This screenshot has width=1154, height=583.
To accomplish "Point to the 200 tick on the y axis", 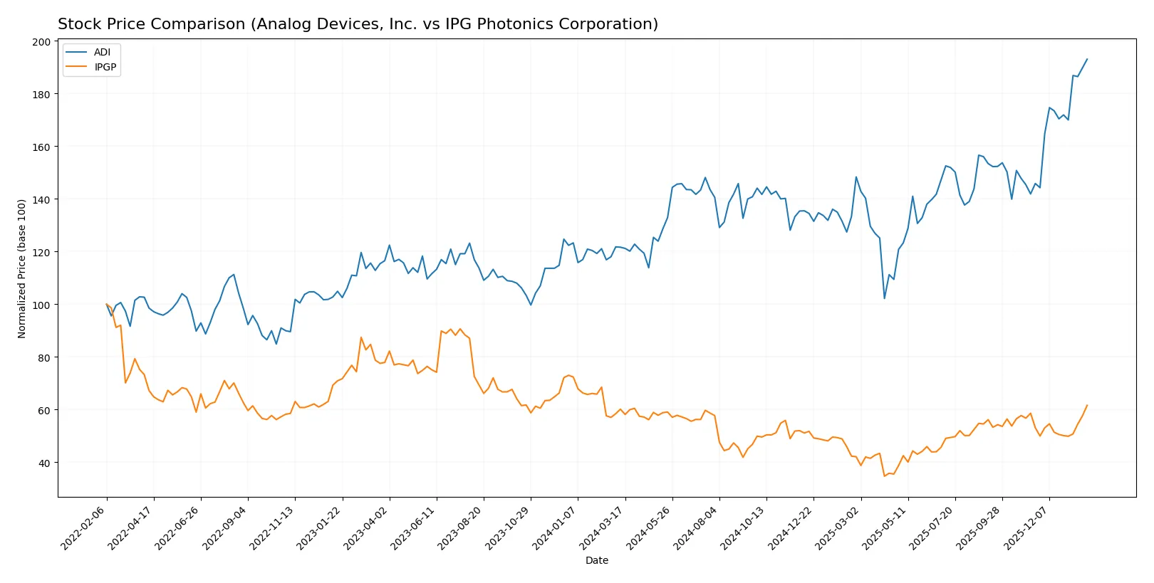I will (x=41, y=42).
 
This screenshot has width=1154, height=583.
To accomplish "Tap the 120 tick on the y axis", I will (x=41, y=253).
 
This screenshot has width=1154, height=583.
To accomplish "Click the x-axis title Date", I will (x=596, y=561).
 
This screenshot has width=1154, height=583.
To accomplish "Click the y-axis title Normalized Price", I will (x=22, y=268).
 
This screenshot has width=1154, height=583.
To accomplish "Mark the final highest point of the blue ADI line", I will (x=1087, y=59).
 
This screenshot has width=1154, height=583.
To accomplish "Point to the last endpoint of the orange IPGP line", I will (x=1087, y=406).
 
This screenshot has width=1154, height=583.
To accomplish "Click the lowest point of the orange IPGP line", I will (x=884, y=476).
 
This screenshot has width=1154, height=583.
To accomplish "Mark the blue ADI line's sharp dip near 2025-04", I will (x=884, y=298).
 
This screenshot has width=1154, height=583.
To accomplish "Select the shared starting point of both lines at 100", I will (x=107, y=305).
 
